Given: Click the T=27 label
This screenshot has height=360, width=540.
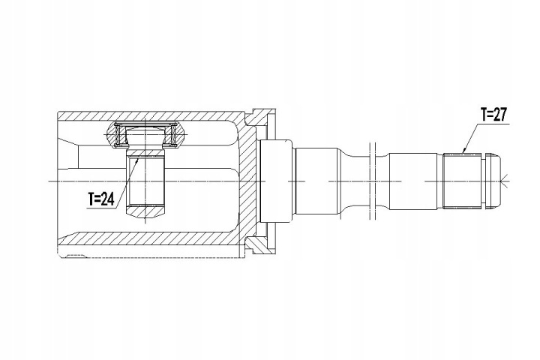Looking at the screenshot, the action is (x=494, y=115).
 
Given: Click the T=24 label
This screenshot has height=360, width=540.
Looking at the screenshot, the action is (x=101, y=199).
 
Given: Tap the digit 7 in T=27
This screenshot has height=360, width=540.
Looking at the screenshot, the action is (x=503, y=115).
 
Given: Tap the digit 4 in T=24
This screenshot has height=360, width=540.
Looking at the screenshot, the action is (x=110, y=199).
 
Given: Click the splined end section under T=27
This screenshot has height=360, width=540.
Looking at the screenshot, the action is (x=461, y=181).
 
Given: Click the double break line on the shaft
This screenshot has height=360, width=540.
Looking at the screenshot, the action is (x=372, y=181).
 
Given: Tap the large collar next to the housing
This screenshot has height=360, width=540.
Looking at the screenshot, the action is (x=276, y=181).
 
